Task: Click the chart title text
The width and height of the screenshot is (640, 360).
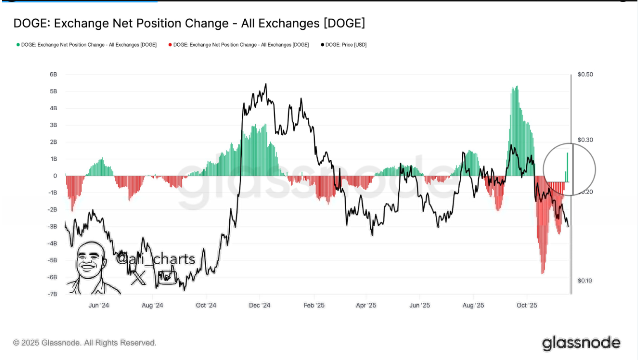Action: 189,23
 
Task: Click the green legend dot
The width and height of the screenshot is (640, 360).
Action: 18,45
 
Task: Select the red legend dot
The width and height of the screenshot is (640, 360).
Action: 170,45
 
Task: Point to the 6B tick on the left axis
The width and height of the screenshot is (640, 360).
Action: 53,74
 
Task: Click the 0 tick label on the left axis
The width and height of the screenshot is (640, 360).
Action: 55,176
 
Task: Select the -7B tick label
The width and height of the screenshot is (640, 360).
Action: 52,294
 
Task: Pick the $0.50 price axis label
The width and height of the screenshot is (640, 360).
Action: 585,74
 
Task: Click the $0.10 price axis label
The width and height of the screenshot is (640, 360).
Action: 585,281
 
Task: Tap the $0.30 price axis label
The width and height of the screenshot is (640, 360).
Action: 585,140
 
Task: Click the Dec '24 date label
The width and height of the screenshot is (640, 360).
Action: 260,305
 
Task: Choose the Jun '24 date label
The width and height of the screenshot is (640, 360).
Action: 99,305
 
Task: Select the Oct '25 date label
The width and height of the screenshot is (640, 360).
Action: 527,305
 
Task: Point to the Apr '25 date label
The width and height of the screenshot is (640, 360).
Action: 366,305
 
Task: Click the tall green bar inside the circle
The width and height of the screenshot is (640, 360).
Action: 567,167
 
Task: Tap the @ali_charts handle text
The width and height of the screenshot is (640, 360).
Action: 156,259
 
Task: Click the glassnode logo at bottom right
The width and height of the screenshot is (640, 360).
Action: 581,343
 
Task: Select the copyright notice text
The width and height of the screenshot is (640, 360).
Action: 85,343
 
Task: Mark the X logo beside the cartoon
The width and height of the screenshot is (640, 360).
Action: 138,278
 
